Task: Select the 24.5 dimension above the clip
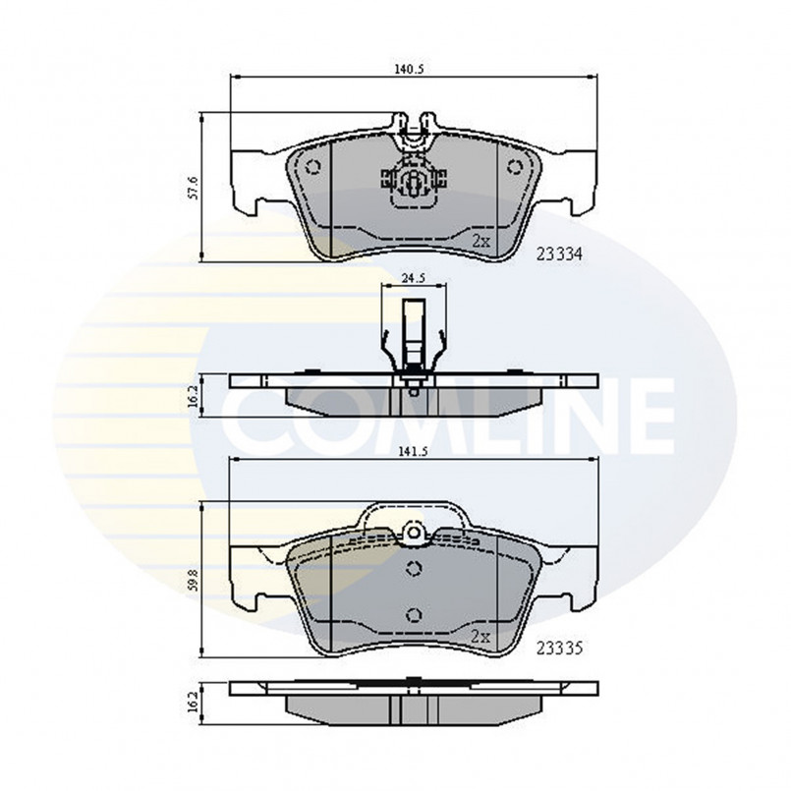point(413,277)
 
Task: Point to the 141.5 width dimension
point(414,452)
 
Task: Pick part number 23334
point(559,254)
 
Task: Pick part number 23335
point(559,648)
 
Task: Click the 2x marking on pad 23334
point(480,242)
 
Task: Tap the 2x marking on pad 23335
point(480,637)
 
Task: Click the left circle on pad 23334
point(313,166)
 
